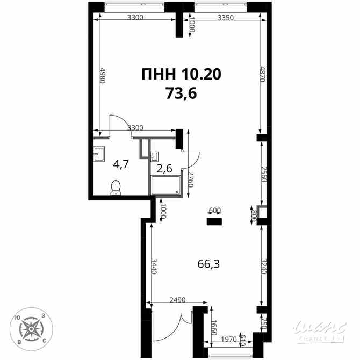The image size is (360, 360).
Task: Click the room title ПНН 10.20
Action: coord(181,74)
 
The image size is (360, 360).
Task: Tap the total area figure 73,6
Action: coord(181,93)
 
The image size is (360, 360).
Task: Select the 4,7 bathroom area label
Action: coord(120,164)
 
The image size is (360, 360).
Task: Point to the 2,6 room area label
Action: coord(164,168)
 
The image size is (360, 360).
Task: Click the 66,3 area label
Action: coord(209,264)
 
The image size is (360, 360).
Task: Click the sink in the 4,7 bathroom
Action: coord(99,154)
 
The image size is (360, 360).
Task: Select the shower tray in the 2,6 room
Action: coord(167,185)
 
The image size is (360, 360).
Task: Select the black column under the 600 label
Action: coord(215,220)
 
